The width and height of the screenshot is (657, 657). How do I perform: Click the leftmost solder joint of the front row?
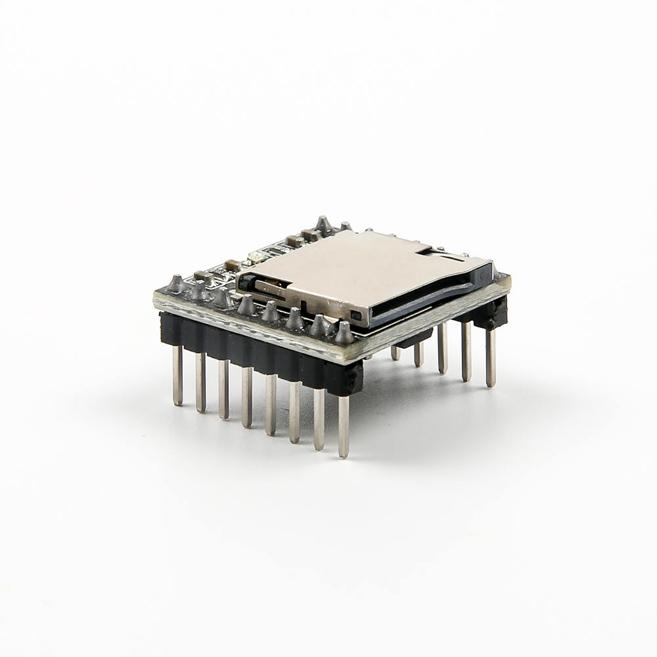176,284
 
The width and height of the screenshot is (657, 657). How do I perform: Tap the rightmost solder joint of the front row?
344,333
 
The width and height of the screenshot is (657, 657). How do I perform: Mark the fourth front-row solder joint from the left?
246,304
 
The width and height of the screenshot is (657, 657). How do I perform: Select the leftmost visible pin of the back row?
395,353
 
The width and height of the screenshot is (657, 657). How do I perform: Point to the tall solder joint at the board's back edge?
323,224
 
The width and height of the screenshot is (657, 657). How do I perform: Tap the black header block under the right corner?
491,313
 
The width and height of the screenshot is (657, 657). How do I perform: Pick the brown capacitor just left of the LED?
231,265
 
